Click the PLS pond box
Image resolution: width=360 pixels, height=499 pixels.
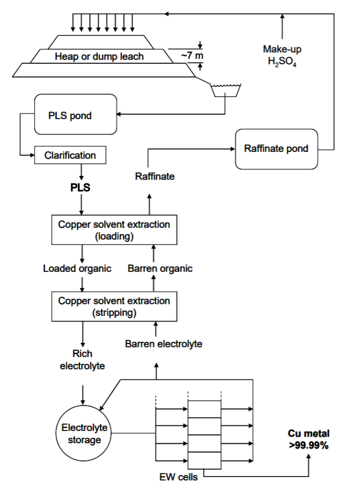tap(75, 115)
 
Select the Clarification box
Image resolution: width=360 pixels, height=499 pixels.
tap(70, 155)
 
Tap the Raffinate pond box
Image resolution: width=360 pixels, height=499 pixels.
tap(276, 149)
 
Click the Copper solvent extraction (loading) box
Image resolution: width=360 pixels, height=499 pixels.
tap(114, 230)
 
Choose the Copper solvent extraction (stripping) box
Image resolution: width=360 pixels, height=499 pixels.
tap(114, 306)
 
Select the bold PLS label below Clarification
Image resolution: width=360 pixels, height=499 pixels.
tap(80, 188)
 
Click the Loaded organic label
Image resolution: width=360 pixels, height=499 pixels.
tap(77, 269)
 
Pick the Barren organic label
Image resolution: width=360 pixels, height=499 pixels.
tap(160, 269)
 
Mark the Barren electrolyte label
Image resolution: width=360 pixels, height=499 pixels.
tap(164, 344)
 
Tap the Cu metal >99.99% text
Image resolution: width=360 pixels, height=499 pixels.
tap(308, 439)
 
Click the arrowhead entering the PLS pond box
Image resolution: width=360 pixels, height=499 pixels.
tap(120, 114)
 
